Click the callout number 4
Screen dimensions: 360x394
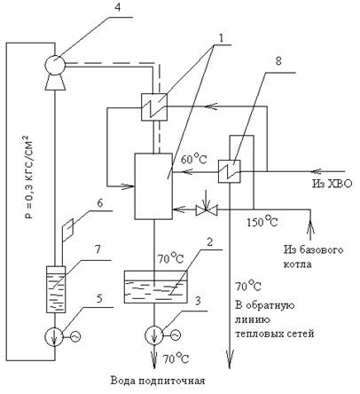118,7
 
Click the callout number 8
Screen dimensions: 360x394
278,61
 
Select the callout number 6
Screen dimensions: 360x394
100,203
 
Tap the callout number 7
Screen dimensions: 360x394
98,249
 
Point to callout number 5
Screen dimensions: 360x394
99,298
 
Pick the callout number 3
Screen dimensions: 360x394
198,301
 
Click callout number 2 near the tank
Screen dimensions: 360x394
210,242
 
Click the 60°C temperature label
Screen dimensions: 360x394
193,159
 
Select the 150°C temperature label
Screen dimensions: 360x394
262,221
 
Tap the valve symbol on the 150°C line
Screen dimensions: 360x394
207,209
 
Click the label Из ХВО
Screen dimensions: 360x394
333,184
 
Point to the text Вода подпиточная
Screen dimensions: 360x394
158,381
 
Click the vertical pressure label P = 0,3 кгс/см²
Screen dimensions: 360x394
28,177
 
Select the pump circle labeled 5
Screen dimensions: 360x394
54,336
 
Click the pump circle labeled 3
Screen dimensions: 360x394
153,335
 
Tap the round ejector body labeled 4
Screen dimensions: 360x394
55,64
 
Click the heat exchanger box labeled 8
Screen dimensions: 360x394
230,171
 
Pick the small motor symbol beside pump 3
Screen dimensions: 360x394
176,335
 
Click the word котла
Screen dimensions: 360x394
298,264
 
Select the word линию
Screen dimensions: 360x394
253,319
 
